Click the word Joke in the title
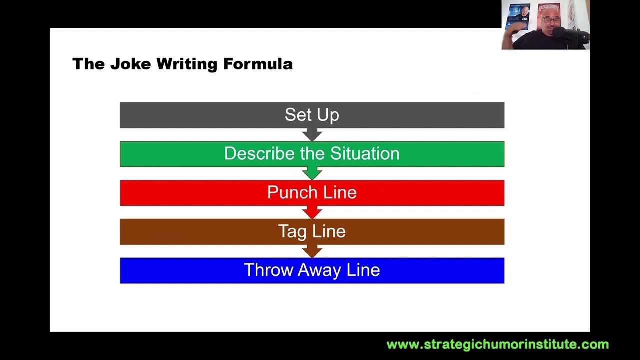click(130, 64)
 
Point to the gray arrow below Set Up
click(312, 135)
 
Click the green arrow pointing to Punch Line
click(312, 173)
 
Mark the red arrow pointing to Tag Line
click(312, 212)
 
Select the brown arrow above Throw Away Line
click(312, 251)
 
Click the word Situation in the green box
click(364, 154)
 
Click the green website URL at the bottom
click(497, 344)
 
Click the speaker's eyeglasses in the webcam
click(551, 20)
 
